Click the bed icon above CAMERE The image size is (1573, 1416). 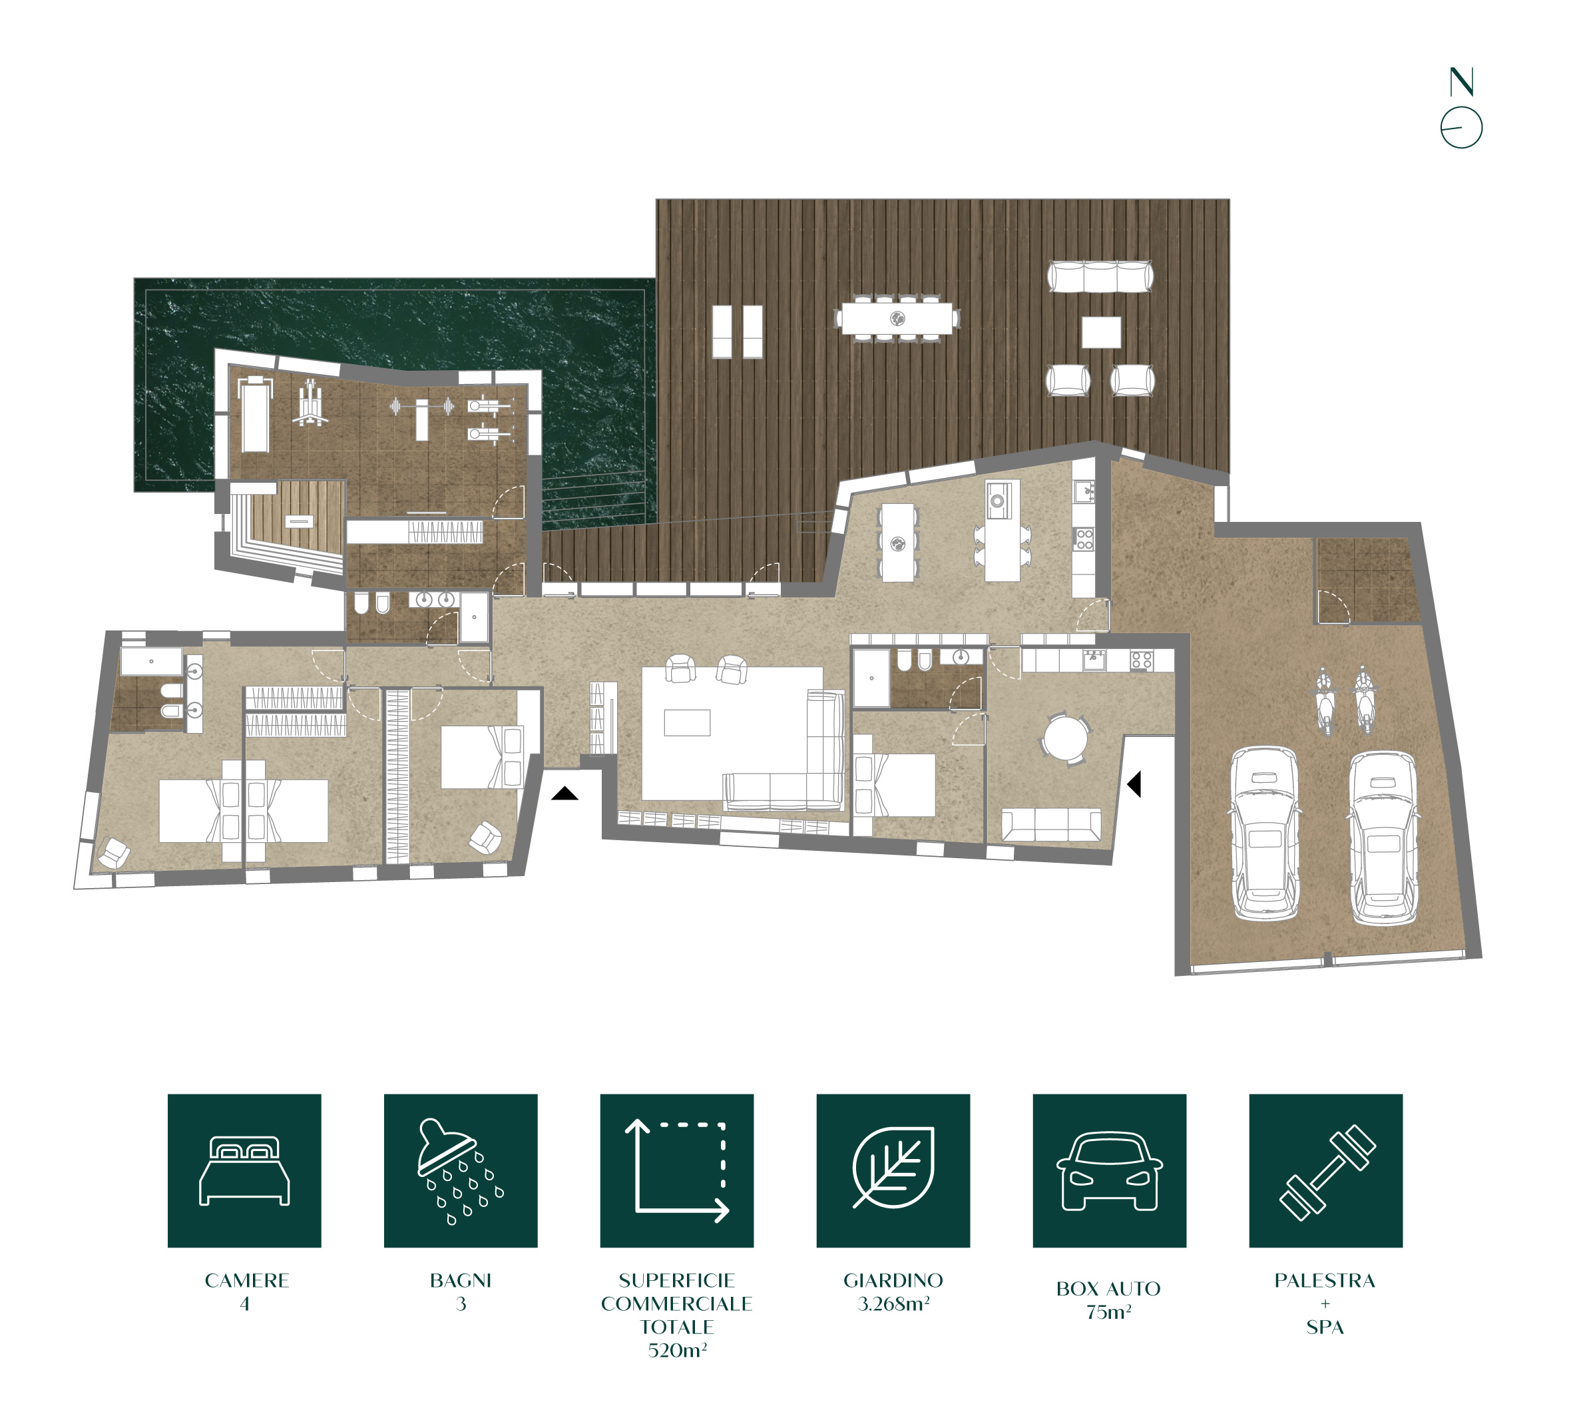[244, 1171]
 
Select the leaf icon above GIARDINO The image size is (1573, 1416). [893, 1167]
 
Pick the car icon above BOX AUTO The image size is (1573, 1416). [1109, 1171]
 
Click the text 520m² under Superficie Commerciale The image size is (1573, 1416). [677, 1350]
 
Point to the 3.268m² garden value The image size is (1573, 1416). [893, 1303]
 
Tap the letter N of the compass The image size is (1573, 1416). [1461, 82]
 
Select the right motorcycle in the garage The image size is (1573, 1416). [1363, 700]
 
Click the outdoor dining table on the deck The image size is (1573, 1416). [897, 318]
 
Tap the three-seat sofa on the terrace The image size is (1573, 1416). [1099, 276]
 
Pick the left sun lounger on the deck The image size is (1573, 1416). [723, 332]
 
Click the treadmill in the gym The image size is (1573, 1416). [254, 414]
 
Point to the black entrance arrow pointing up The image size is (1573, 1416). [564, 793]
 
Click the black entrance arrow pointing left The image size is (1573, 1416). [1134, 784]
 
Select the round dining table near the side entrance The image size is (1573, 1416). [1066, 737]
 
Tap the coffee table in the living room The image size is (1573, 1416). [687, 722]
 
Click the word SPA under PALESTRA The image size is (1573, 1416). [1325, 1327]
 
